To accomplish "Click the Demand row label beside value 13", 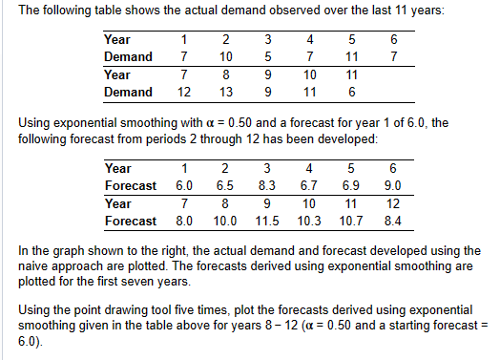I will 127,92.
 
